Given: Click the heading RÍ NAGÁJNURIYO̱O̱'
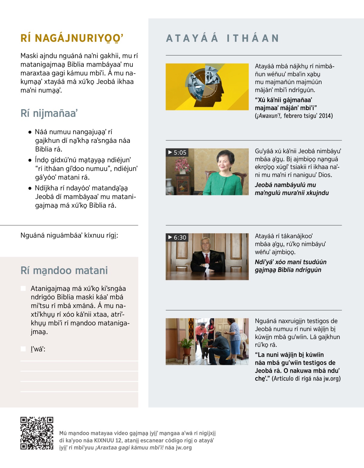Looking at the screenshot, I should click(x=72, y=38).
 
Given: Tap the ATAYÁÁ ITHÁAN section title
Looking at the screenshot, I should click(x=222, y=38).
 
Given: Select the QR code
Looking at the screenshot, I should click(x=37, y=433).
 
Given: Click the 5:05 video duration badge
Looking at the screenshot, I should click(x=177, y=153).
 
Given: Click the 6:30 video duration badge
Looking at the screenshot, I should click(x=177, y=237).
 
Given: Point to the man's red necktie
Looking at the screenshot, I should click(x=207, y=258).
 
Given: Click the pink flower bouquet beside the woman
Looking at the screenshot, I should click(x=183, y=166).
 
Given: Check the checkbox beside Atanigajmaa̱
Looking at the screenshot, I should click(x=23, y=288).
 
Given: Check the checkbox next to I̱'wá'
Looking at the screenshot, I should click(x=23, y=349).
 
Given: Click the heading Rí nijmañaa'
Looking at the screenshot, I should click(x=49, y=113).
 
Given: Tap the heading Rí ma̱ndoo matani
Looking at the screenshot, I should click(x=64, y=270).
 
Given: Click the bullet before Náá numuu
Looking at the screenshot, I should click(x=30, y=132).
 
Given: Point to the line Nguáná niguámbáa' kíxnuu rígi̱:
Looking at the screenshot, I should click(x=69, y=235).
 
